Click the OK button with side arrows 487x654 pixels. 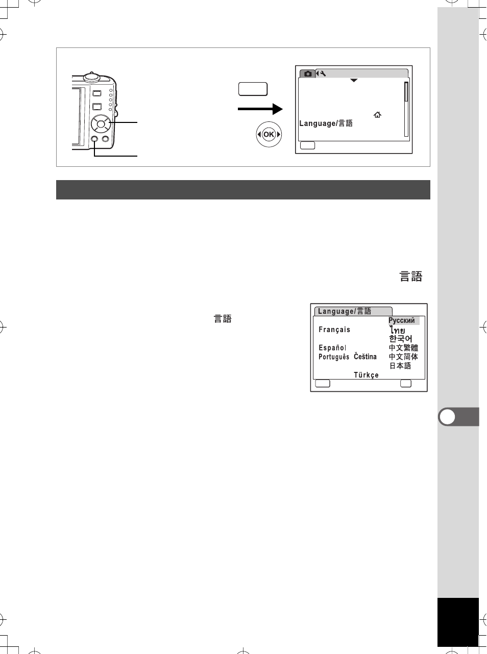pos(269,135)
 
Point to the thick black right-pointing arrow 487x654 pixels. pos(260,109)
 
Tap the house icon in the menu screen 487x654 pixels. pos(377,115)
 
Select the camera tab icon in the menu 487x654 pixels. pos(307,73)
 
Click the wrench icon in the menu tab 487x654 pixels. pos(323,73)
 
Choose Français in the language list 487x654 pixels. pos(334,330)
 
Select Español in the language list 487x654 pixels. pos(332,348)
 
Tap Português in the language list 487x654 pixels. pos(333,357)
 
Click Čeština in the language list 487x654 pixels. pos(365,357)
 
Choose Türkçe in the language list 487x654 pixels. pos(366,375)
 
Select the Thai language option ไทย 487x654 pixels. pos(397,330)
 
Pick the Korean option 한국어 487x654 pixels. pos(401,339)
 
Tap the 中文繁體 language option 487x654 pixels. pos(403,347)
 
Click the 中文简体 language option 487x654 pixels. pos(403,357)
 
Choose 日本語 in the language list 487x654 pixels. pos(400,366)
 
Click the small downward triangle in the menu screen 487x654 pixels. pos(354,81)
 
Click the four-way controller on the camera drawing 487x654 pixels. pos(101,124)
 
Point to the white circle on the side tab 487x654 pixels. pos(447,417)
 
